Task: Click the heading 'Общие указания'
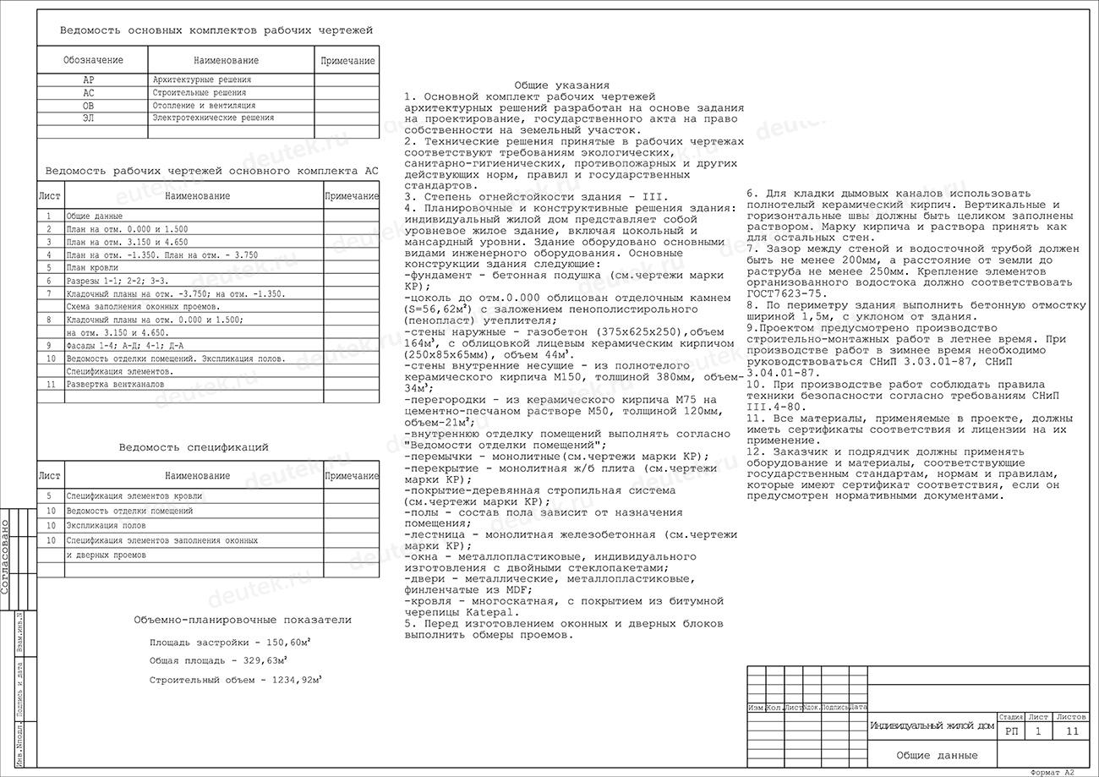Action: click(x=561, y=85)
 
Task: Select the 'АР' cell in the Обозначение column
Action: click(x=89, y=80)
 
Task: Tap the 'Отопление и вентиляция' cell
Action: click(x=204, y=106)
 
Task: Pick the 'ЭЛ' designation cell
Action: click(x=89, y=118)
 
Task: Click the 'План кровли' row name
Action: click(x=92, y=267)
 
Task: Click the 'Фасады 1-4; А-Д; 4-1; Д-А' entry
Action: click(x=124, y=346)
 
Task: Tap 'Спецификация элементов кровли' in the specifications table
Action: click(x=134, y=496)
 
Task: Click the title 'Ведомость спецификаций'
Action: click(x=194, y=447)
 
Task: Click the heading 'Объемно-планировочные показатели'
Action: click(x=243, y=620)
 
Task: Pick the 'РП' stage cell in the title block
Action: click(x=1012, y=731)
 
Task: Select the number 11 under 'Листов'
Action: click(x=1072, y=731)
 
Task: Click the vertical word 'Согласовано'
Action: click(x=6, y=556)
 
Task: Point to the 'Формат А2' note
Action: click(x=1053, y=772)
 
